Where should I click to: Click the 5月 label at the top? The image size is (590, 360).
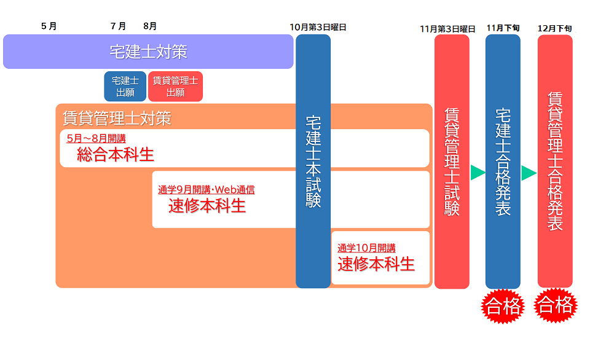click(x=49, y=26)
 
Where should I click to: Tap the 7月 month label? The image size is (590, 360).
click(x=119, y=26)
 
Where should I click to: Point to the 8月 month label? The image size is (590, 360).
click(x=150, y=26)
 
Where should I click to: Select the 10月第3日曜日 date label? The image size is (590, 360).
click(x=318, y=28)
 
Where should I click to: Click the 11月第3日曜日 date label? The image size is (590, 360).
click(x=447, y=29)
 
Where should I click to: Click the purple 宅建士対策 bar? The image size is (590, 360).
click(x=148, y=52)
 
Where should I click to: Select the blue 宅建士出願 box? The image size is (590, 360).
click(x=125, y=87)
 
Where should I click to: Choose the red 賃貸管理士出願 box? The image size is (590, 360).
click(x=175, y=87)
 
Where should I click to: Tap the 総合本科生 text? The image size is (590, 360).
click(x=116, y=154)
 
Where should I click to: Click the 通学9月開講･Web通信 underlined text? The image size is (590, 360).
click(x=206, y=190)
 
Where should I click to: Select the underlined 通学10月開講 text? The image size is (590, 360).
click(x=366, y=248)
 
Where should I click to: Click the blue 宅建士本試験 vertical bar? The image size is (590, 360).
click(x=313, y=161)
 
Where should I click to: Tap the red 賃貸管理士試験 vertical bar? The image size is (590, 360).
click(x=452, y=161)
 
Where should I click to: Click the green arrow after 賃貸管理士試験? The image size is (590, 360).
click(x=478, y=173)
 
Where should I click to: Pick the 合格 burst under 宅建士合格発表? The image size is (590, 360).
click(x=502, y=305)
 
